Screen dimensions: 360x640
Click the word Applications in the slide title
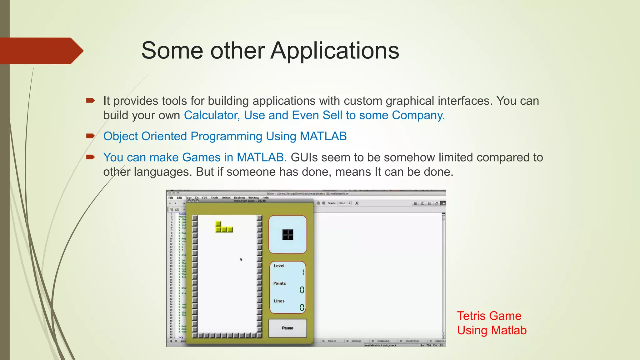pyautogui.click(x=335, y=51)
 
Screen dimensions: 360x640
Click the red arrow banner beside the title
pyautogui.click(x=41, y=51)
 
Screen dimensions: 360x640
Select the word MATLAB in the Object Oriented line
pyautogui.click(x=323, y=136)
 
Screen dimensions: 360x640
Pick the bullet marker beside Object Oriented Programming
pyautogui.click(x=90, y=136)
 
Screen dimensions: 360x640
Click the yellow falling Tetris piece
pyautogui.click(x=224, y=227)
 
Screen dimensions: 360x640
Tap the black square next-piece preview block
pyautogui.click(x=287, y=234)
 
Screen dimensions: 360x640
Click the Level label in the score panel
pyautogui.click(x=279, y=266)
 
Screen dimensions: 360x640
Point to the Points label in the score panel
pyautogui.click(x=279, y=283)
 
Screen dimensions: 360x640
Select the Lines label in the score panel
pyautogui.click(x=279, y=301)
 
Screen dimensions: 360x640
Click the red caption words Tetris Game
pyautogui.click(x=489, y=316)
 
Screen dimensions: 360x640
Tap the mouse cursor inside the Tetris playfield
pyautogui.click(x=241, y=259)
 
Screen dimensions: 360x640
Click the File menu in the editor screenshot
pyautogui.click(x=171, y=198)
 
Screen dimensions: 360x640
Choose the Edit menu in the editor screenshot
pyautogui.click(x=179, y=198)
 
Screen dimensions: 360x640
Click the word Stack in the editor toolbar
pyautogui.click(x=332, y=203)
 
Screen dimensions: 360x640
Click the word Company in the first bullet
pyautogui.click(x=418, y=115)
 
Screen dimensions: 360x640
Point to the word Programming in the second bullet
pyautogui.click(x=226, y=136)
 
